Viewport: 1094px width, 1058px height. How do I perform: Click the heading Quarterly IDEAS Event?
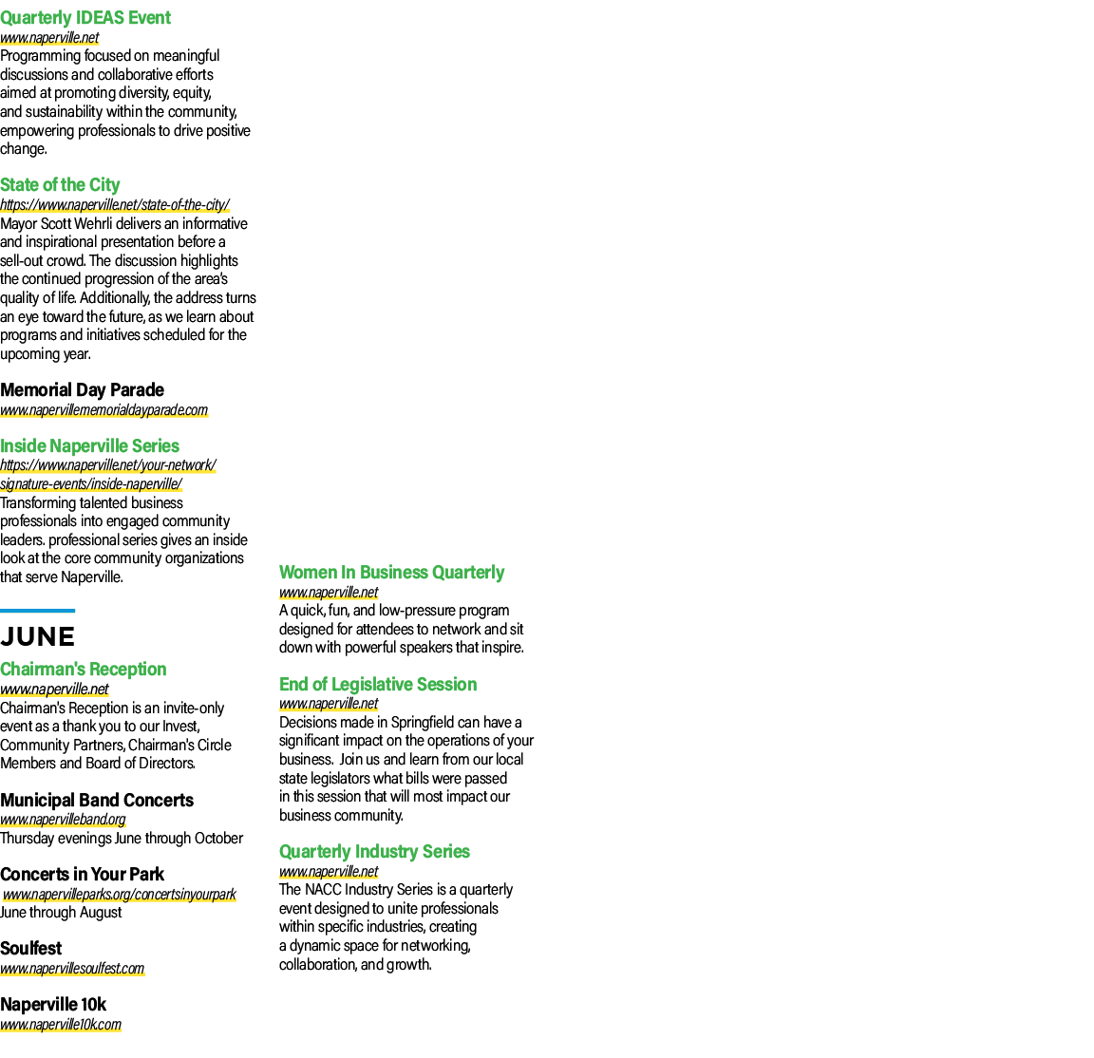click(85, 17)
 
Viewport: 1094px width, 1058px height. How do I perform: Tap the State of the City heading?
click(60, 185)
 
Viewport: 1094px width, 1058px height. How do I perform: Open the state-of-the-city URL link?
click(114, 204)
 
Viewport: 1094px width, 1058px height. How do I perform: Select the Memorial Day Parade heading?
click(83, 390)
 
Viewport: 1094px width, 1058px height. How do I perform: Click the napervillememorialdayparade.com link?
click(104, 409)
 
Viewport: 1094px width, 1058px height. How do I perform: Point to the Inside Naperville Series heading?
click(89, 446)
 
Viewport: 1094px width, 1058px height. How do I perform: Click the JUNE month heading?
click(38, 636)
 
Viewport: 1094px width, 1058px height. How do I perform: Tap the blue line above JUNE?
click(38, 611)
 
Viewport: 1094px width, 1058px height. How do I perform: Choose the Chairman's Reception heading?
click(83, 670)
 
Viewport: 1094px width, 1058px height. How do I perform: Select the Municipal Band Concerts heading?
click(97, 801)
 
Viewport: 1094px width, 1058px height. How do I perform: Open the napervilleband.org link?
click(63, 820)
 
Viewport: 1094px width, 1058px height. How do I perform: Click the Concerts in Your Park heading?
click(83, 875)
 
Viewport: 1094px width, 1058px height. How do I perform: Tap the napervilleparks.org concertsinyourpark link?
click(120, 894)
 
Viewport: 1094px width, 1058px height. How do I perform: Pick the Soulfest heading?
click(30, 949)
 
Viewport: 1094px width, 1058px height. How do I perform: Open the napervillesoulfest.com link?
click(72, 969)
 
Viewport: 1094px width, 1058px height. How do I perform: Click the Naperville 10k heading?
click(53, 1005)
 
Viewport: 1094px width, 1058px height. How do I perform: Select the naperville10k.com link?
click(61, 1025)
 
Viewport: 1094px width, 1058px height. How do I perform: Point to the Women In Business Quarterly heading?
click(391, 573)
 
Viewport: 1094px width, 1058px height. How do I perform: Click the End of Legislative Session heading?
click(378, 685)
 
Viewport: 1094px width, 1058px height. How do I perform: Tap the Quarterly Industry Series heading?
click(375, 852)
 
